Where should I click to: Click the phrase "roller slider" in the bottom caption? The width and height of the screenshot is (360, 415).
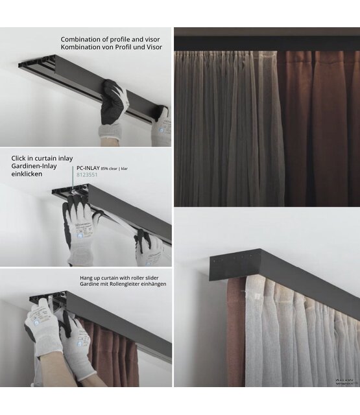(149, 277)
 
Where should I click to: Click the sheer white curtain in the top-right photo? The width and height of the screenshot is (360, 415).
(227, 130)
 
